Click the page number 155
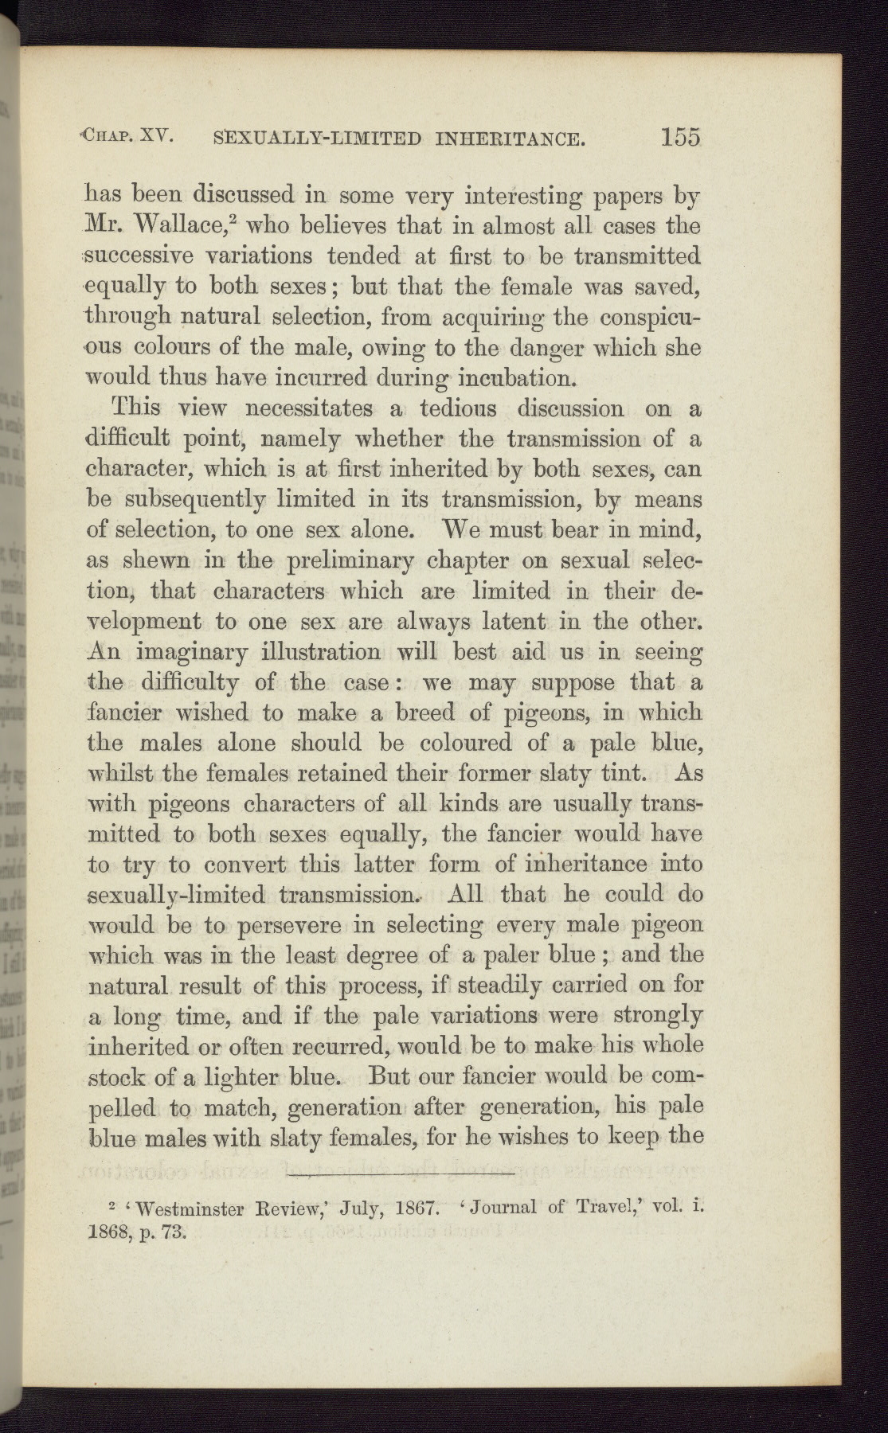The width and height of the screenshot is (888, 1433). click(x=679, y=137)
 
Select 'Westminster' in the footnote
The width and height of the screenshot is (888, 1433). click(x=192, y=1208)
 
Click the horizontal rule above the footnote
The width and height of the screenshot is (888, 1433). click(x=394, y=1175)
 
